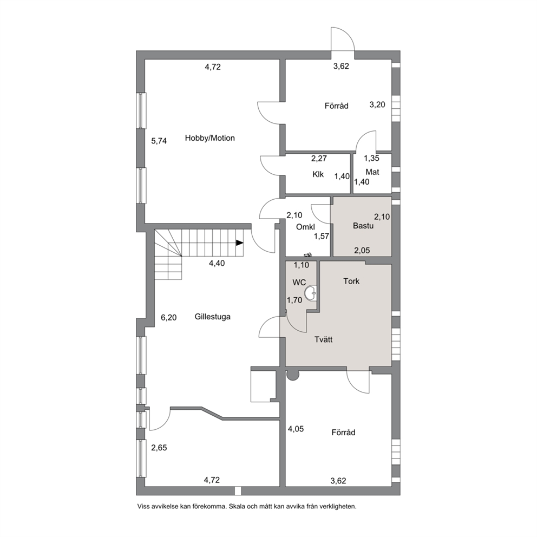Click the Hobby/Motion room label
click(209, 138)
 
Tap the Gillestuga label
click(212, 317)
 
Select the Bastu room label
click(363, 226)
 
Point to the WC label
click(299, 283)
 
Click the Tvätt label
click(323, 340)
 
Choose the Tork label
click(351, 281)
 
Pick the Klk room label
click(318, 174)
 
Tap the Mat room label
click(372, 172)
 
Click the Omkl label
click(305, 227)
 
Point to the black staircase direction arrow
click(239, 243)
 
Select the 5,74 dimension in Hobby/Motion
click(159, 141)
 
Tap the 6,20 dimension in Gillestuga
click(169, 318)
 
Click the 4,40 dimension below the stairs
click(217, 264)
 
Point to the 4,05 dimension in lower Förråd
click(296, 429)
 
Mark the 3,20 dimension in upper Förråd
click(377, 105)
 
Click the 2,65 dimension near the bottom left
click(159, 448)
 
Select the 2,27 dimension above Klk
click(319, 159)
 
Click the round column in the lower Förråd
click(293, 375)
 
